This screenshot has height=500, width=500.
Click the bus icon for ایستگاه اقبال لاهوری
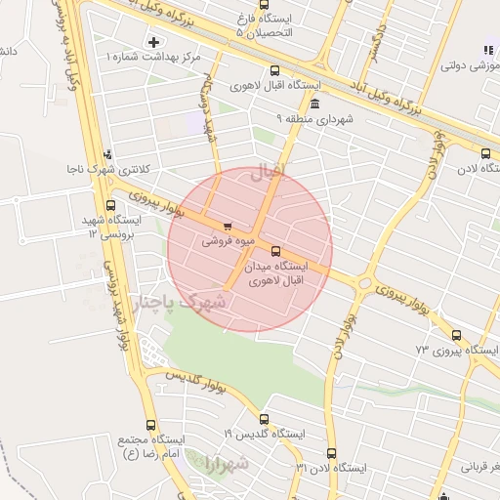[274, 70]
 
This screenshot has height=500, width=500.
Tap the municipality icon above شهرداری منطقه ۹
[314, 104]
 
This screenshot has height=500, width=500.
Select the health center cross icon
[153, 42]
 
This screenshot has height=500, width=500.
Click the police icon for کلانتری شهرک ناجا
[107, 153]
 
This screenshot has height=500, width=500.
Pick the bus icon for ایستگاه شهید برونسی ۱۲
[110, 206]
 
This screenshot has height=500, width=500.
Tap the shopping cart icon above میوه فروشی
[228, 226]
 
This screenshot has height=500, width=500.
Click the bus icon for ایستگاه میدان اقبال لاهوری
[275, 250]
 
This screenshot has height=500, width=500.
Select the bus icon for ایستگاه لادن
[485, 152]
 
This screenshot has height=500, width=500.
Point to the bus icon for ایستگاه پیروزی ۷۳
[456, 335]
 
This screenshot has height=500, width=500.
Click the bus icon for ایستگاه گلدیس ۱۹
[264, 419]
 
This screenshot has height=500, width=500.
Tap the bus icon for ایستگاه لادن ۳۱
[331, 453]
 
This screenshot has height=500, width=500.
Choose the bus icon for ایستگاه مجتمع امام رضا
[150, 425]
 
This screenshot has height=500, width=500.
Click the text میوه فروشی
[226, 239]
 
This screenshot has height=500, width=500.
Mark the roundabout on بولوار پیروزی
[365, 284]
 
